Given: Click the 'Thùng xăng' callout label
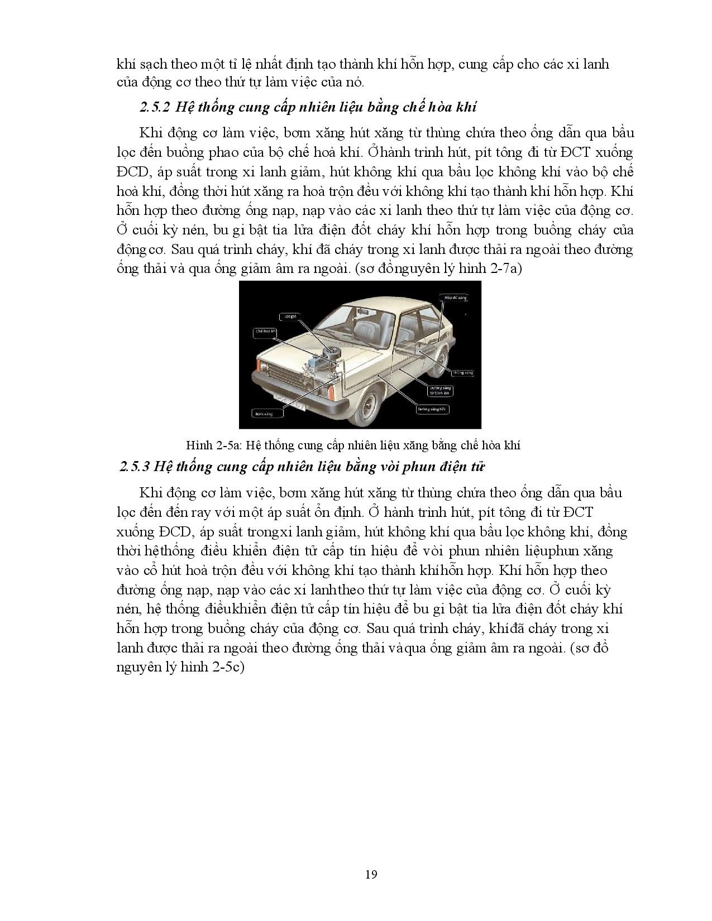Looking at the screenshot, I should (x=463, y=372).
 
